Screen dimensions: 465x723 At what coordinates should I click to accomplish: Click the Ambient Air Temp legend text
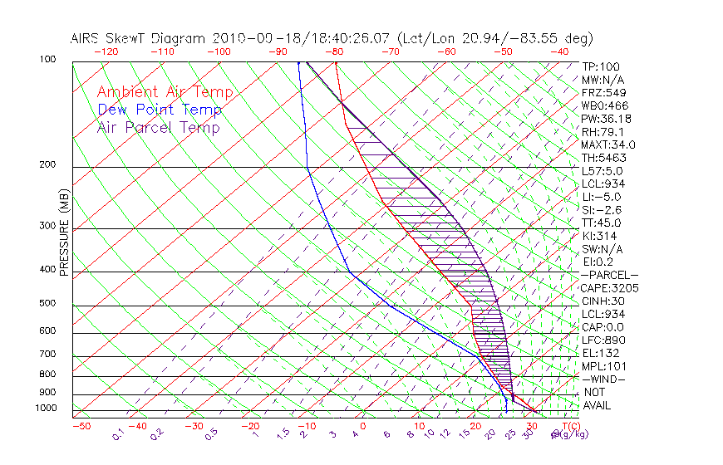(x=165, y=92)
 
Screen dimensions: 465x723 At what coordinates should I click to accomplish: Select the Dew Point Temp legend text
(x=160, y=110)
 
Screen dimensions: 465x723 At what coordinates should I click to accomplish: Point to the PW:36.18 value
(x=606, y=119)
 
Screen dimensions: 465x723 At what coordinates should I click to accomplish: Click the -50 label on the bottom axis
(x=81, y=426)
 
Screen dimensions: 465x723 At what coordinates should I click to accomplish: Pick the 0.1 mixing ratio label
(x=119, y=433)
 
